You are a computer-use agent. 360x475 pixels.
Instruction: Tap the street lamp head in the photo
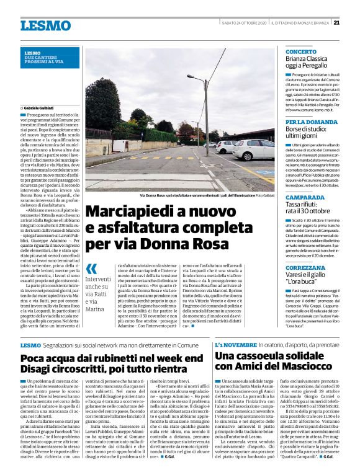[x=191, y=76]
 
